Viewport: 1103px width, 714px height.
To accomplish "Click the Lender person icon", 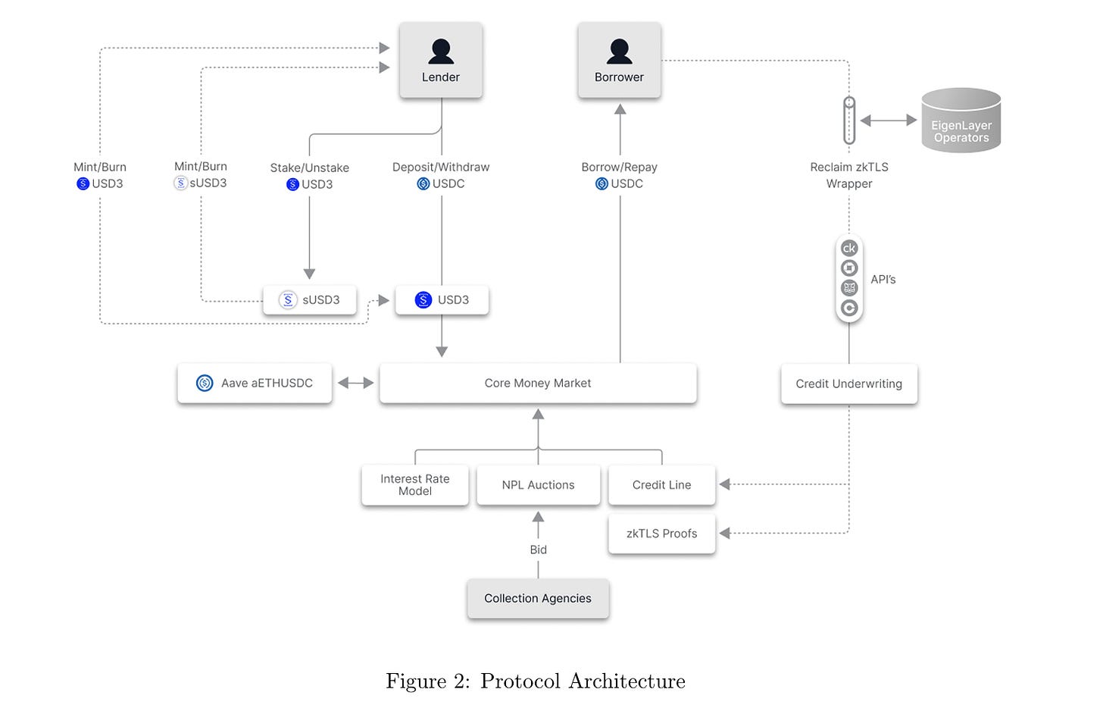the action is (x=441, y=52).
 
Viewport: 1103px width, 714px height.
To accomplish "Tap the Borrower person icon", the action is (x=619, y=52).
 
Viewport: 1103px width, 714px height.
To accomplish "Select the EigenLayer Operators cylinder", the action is (x=961, y=121).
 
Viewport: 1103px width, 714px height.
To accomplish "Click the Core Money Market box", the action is (x=538, y=384).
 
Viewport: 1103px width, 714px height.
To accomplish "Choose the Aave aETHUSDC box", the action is (x=255, y=384).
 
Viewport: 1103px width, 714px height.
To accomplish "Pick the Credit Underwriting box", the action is (x=849, y=384).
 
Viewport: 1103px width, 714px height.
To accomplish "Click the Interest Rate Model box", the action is (x=415, y=485).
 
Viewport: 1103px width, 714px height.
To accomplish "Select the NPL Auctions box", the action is (x=538, y=485).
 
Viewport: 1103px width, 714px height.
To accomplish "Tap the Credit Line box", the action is (x=662, y=485).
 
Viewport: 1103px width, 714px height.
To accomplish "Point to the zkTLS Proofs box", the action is (x=662, y=534).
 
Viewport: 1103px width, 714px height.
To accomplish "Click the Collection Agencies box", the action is (x=538, y=598).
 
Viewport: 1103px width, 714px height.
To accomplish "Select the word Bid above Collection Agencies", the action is (x=538, y=550).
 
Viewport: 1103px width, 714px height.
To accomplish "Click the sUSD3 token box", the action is (x=310, y=299).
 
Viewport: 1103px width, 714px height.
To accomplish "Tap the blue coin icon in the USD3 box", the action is (x=423, y=299).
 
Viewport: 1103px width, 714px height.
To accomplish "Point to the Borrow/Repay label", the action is (x=619, y=167).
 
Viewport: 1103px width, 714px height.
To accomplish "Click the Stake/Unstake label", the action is (x=309, y=168).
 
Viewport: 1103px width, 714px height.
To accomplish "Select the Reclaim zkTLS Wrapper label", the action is (x=849, y=175).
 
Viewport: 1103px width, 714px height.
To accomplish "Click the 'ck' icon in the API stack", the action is (x=849, y=248).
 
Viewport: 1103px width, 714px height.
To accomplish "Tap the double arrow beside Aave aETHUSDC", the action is (x=355, y=383).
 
